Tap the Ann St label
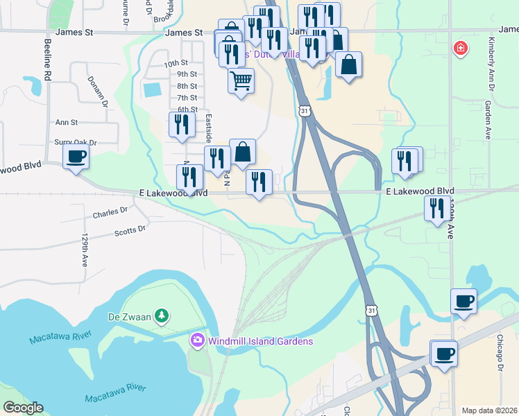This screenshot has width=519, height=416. [67, 122]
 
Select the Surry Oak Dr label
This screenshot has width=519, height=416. [75, 142]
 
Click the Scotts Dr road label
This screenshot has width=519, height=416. [130, 231]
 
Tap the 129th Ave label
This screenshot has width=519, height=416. [85, 250]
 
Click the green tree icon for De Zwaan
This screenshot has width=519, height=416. [162, 316]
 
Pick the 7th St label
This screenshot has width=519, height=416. [187, 98]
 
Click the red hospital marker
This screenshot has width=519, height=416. [459, 49]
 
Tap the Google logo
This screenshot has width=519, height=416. [22, 408]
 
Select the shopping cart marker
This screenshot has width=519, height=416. [241, 80]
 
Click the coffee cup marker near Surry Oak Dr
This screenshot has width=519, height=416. [76, 156]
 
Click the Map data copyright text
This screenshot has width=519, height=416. [489, 410]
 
